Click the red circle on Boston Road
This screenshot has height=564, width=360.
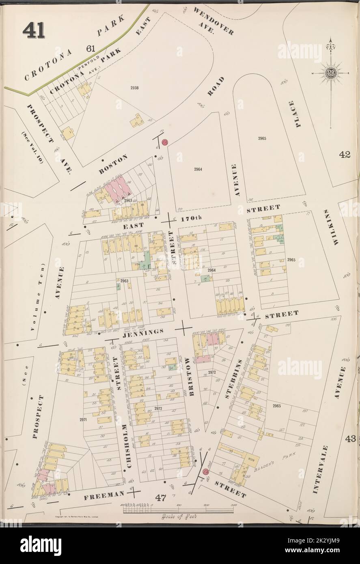coord(165,142)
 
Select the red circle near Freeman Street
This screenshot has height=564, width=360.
coord(205,472)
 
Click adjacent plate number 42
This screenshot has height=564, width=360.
coord(345,154)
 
